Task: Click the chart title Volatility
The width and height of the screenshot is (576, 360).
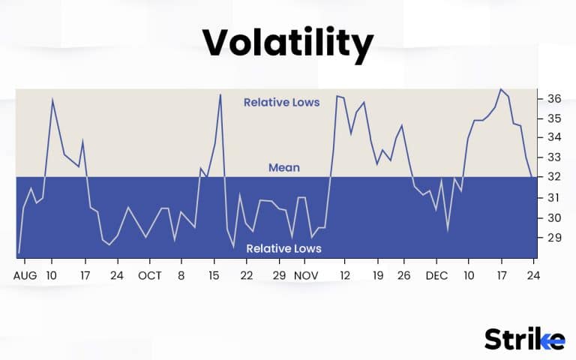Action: coord(288,44)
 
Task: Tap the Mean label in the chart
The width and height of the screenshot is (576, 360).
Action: coord(284,168)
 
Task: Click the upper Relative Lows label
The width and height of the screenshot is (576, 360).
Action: coord(281,102)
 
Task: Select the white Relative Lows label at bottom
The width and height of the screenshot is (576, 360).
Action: coord(283,249)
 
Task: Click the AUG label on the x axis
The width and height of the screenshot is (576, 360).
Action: coord(25,276)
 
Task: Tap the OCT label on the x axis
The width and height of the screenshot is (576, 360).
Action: coord(150,276)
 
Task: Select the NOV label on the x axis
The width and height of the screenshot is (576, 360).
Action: coord(305,276)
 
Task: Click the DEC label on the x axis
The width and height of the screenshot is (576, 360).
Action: coord(436,276)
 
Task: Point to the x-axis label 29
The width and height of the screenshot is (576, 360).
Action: coord(279,276)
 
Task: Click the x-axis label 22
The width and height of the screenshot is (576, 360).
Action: coord(246,276)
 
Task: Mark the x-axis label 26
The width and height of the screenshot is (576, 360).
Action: coord(404,276)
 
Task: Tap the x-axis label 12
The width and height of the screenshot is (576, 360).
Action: coord(344,276)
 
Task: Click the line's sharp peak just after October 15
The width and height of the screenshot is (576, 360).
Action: coord(220,94)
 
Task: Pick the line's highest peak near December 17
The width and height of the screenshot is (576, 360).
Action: coord(500,89)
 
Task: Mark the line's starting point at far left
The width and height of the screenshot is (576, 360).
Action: coord(19,253)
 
